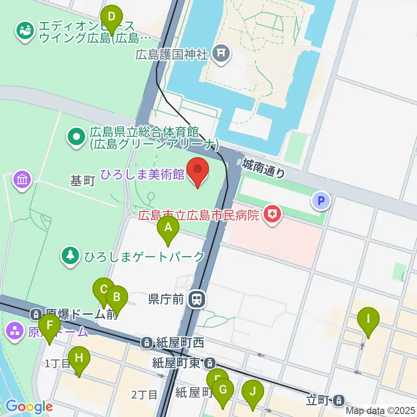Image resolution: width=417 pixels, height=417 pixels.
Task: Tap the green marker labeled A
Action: pos(168,228)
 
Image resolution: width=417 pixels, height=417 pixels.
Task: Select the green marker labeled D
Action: pos(112,18)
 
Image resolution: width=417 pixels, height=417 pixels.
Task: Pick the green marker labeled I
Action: pos(368,320)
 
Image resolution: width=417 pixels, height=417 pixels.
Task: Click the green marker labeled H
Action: pos(79,360)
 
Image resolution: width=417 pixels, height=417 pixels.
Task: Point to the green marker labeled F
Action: pos(50,327)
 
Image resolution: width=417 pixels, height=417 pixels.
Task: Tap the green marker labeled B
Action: pos(116,299)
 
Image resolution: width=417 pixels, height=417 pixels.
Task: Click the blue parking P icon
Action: pos(321,200)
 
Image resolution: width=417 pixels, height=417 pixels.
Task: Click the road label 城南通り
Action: pos(264,169)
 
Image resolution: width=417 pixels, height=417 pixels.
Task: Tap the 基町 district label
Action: pos(83,181)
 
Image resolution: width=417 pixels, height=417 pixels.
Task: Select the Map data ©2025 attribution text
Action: pos(381,410)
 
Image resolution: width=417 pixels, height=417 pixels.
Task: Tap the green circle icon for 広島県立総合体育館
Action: pos(76,137)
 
